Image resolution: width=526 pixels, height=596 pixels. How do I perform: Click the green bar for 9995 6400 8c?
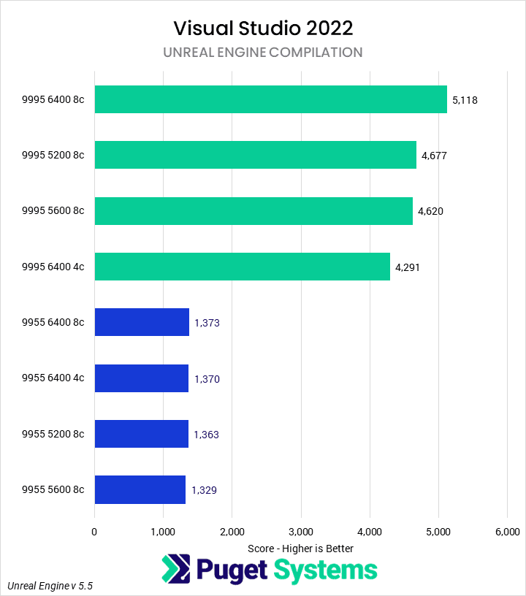pos(270,99)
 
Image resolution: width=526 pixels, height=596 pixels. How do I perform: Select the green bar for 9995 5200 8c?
pos(255,155)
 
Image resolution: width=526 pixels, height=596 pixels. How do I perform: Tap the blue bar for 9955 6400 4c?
pos(142,378)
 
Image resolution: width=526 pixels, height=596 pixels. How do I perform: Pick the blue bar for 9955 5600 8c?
pos(140,489)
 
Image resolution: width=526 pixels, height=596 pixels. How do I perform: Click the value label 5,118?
pos(465,100)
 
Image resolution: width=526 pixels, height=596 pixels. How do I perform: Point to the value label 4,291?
pos(408,267)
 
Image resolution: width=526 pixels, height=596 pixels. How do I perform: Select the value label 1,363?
pos(207,435)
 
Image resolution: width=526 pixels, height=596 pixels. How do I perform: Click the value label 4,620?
pos(430,211)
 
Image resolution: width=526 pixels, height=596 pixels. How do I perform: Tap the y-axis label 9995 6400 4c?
pos(53,267)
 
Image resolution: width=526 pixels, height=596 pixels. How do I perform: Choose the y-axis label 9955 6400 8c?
pos(53,323)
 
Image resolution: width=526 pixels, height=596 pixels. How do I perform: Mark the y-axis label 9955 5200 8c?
pos(53,435)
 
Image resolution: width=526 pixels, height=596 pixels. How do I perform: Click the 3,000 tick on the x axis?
pos(301,531)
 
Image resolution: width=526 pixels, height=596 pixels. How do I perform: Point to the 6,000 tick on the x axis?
pos(507,531)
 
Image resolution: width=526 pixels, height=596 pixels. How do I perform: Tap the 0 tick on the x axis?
pos(94,531)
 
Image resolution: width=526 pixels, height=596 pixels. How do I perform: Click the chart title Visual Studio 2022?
pos(263,28)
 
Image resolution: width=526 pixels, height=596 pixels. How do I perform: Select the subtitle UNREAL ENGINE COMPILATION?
pos(263,53)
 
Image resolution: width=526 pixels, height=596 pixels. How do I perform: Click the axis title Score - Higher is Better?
pos(300,548)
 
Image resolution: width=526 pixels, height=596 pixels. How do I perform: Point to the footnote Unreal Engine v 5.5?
pos(50,586)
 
